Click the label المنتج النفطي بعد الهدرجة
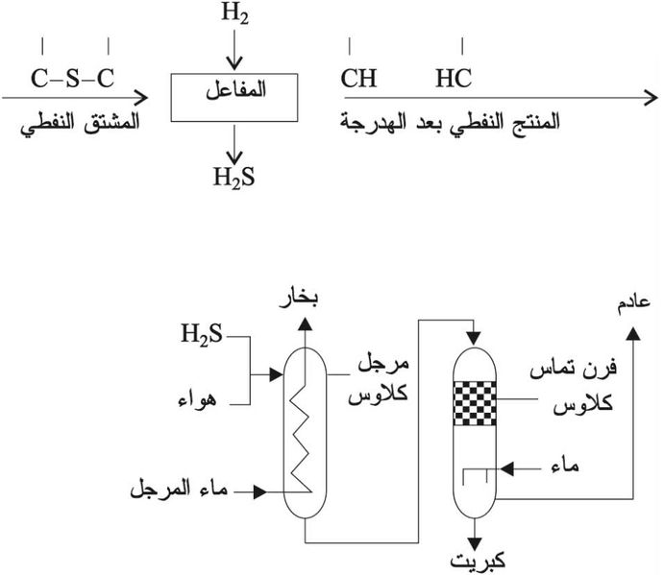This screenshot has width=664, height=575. [451, 123]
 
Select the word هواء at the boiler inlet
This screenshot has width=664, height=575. [200, 397]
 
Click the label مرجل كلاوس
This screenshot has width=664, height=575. [383, 379]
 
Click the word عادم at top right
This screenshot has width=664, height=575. [630, 303]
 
